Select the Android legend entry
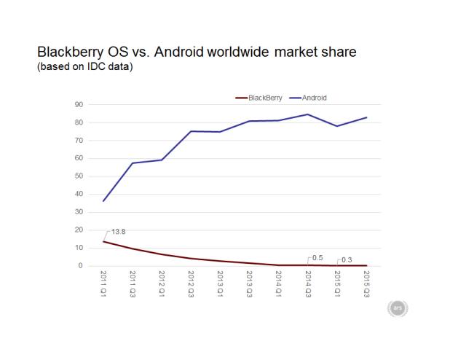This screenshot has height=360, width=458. (x=314, y=98)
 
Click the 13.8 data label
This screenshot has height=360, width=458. (x=119, y=232)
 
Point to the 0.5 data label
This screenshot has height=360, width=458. (x=317, y=258)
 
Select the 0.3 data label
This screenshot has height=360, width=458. (x=346, y=259)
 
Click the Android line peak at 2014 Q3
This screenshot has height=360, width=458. (x=308, y=114)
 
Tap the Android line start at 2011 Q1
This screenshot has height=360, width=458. (x=104, y=200)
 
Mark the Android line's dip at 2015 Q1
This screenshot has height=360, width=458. (x=337, y=126)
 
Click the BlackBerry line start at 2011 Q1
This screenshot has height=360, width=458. (x=104, y=241)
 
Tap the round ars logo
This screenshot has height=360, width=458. (x=398, y=308)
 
